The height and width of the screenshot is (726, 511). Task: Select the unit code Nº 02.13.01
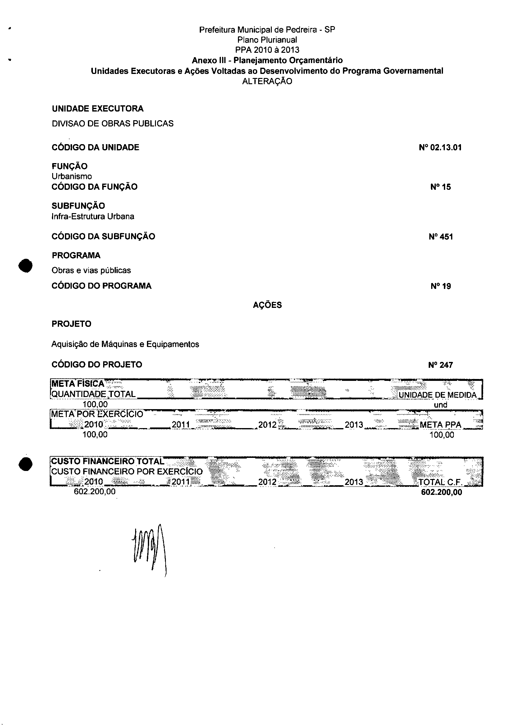pos(440,148)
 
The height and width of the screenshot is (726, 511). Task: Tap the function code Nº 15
pos(440,187)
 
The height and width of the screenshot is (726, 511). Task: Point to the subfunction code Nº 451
pos(440,237)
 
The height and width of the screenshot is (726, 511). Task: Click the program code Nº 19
pos(440,286)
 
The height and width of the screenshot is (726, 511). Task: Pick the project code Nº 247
pos(440,365)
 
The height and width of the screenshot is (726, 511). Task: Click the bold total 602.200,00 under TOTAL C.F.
pos(441,492)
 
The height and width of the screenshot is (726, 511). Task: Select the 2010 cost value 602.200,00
pos(94,491)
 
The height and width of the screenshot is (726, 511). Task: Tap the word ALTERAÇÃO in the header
pos(267,81)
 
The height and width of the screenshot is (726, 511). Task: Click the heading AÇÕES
pos(267,305)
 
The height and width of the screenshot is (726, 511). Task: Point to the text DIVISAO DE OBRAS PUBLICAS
pos(112,124)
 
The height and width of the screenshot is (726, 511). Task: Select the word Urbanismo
pos(72,176)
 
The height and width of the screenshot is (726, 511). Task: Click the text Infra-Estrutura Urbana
pos(93,217)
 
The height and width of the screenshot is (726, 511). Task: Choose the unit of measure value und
pos(440,405)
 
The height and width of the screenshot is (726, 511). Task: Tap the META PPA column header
pos(440,425)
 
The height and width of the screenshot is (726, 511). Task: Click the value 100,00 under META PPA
pos(441,435)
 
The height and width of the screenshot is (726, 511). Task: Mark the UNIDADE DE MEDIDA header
pos(437,395)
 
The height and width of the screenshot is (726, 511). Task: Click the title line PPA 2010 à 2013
pos(267,50)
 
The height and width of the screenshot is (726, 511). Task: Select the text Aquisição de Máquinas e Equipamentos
pos(125,344)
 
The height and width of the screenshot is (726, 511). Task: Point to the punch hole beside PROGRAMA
pos(25,265)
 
